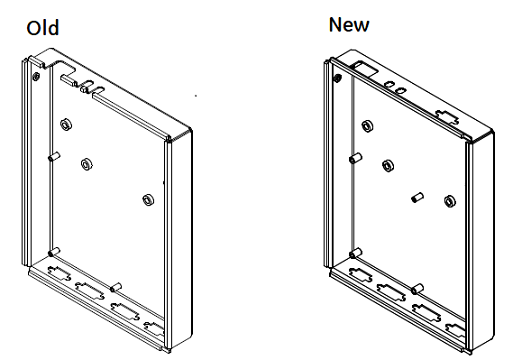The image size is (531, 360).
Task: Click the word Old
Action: (43, 28)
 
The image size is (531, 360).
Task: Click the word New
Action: (349, 25)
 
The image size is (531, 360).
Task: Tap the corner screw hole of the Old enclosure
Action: (36, 77)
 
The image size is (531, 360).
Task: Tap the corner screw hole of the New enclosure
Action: (337, 79)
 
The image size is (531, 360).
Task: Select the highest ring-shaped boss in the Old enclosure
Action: (66, 125)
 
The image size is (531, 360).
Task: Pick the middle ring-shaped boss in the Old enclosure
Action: (87, 165)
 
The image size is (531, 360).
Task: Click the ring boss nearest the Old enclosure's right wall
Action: (148, 200)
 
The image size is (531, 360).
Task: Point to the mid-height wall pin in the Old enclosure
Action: (54, 157)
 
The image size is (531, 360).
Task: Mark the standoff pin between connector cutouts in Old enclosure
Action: (116, 287)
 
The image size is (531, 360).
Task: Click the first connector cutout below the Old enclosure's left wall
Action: (60, 273)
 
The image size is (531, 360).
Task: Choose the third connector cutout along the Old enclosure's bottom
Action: (125, 312)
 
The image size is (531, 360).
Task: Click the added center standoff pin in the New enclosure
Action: (418, 197)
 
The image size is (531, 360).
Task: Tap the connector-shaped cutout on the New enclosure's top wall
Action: (447, 117)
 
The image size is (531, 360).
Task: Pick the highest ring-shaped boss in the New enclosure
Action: (367, 126)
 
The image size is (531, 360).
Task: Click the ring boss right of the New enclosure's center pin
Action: (449, 201)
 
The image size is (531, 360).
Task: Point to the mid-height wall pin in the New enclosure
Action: (355, 158)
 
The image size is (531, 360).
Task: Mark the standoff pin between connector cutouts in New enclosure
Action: (417, 289)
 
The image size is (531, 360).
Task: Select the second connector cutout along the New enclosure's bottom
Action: (391, 292)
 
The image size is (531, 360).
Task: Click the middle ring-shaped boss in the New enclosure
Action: (388, 166)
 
